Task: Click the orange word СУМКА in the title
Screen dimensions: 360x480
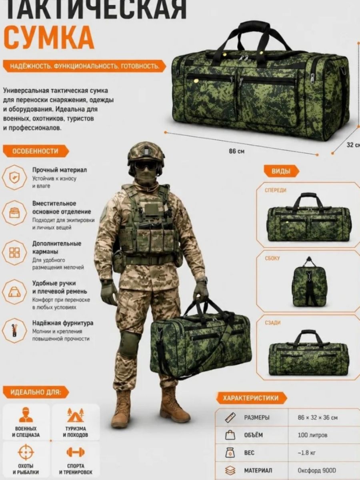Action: pyautogui.click(x=49, y=37)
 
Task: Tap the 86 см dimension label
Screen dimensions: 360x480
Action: pyautogui.click(x=237, y=151)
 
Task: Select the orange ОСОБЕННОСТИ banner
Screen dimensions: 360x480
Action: pyautogui.click(x=36, y=151)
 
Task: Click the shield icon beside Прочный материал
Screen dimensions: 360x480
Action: pyautogui.click(x=14, y=177)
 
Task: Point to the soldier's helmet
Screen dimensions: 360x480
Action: pyautogui.click(x=146, y=153)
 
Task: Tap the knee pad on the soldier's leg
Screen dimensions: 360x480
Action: pyautogui.click(x=129, y=342)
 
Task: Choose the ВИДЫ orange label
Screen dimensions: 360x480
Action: pyautogui.click(x=281, y=171)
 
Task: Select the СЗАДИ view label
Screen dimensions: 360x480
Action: pyautogui.click(x=272, y=323)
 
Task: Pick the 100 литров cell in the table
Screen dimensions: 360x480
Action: pyautogui.click(x=312, y=435)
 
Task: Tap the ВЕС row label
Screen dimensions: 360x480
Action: pyautogui.click(x=249, y=452)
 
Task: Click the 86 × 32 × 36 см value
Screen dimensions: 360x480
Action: pyautogui.click(x=317, y=418)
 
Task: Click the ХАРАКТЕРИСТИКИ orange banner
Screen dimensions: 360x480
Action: pyautogui.click(x=251, y=398)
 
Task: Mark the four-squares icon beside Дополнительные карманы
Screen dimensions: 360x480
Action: pyautogui.click(x=14, y=252)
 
